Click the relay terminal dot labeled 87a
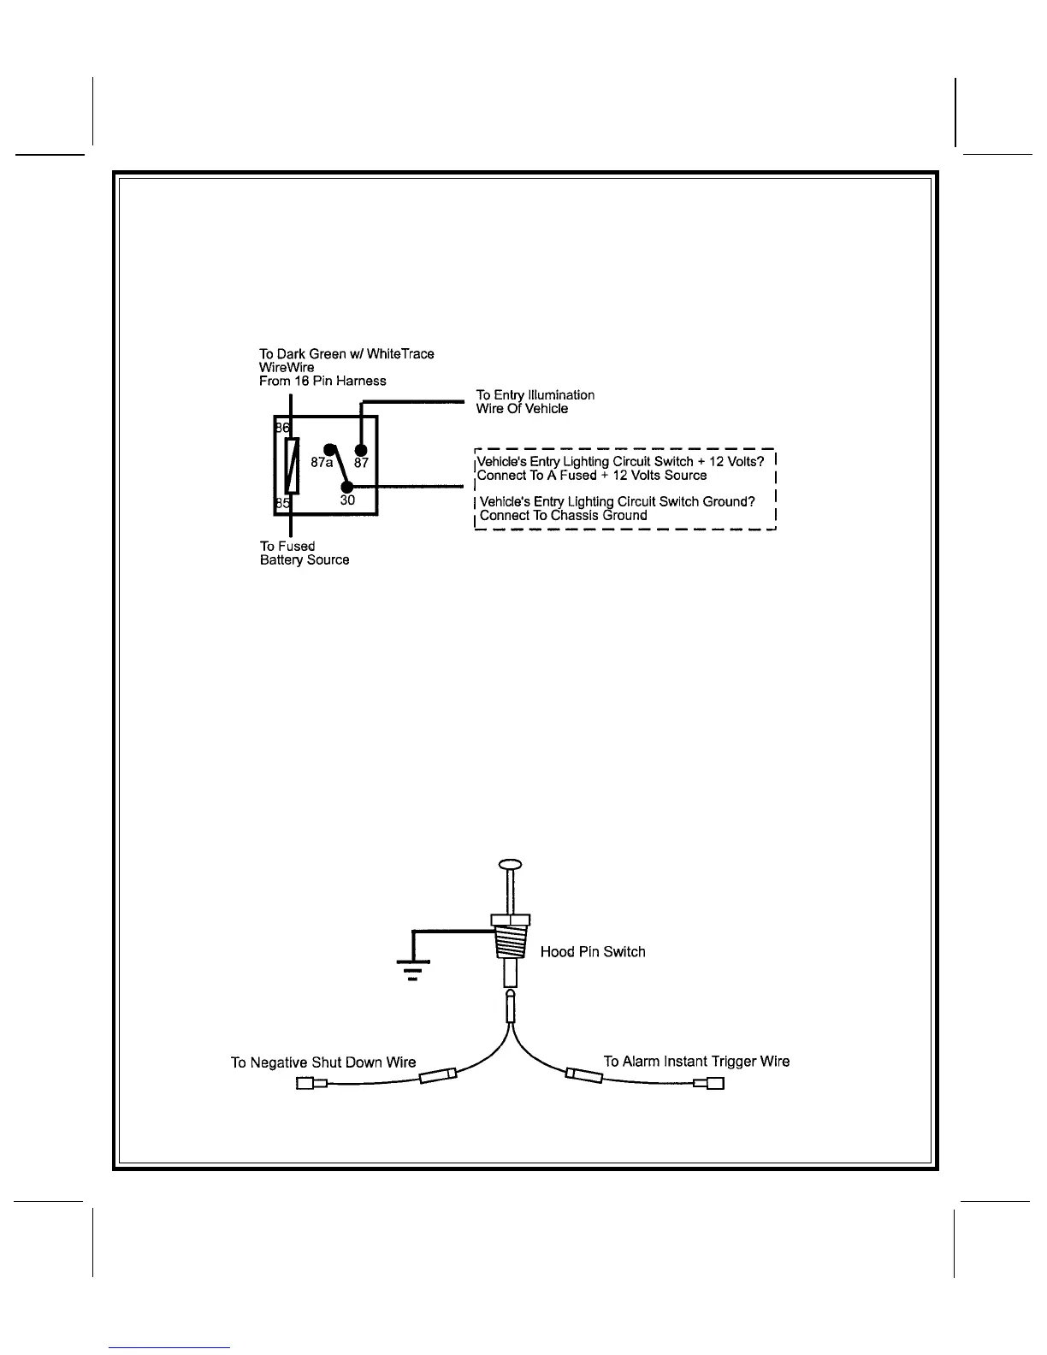[328, 449]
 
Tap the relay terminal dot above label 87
[361, 450]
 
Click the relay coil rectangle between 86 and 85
[292, 465]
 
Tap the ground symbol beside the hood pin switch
[413, 968]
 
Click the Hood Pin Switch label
[593, 952]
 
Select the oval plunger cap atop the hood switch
[509, 865]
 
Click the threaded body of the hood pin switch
[509, 945]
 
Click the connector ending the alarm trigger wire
[710, 1084]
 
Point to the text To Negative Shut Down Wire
[323, 1062]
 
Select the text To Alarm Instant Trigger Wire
[696, 1062]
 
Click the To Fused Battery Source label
[305, 553]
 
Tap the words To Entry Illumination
[535, 395]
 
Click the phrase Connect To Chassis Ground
[563, 516]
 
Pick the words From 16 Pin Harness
[322, 381]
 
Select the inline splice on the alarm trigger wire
[585, 1074]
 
